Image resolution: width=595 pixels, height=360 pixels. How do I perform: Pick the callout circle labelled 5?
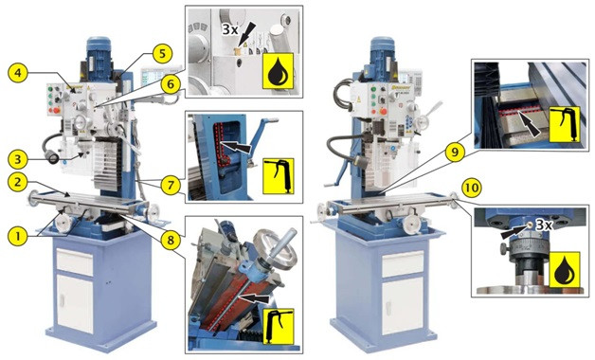point(162,54)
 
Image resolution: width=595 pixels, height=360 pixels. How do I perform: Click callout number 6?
point(171,84)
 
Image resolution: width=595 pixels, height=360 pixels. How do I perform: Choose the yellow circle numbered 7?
point(171,186)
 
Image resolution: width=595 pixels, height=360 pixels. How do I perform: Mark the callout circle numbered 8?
point(171,240)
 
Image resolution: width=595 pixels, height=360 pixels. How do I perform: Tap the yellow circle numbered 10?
point(472,189)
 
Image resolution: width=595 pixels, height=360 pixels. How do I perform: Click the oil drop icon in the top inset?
point(279,71)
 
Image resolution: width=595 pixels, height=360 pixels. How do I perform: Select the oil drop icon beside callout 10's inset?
point(565,270)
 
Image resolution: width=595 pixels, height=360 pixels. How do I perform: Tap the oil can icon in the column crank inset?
point(279,176)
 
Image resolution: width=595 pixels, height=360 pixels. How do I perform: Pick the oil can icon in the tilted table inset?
point(279,326)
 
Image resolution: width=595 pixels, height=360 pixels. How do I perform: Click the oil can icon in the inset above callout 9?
point(565,124)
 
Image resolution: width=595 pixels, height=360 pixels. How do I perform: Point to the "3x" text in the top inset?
point(230,29)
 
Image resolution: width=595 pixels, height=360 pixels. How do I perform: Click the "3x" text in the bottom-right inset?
point(544,225)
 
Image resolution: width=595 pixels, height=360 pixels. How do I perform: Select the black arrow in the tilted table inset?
point(256,298)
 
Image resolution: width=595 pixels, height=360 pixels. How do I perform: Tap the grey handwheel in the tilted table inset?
point(274,249)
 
